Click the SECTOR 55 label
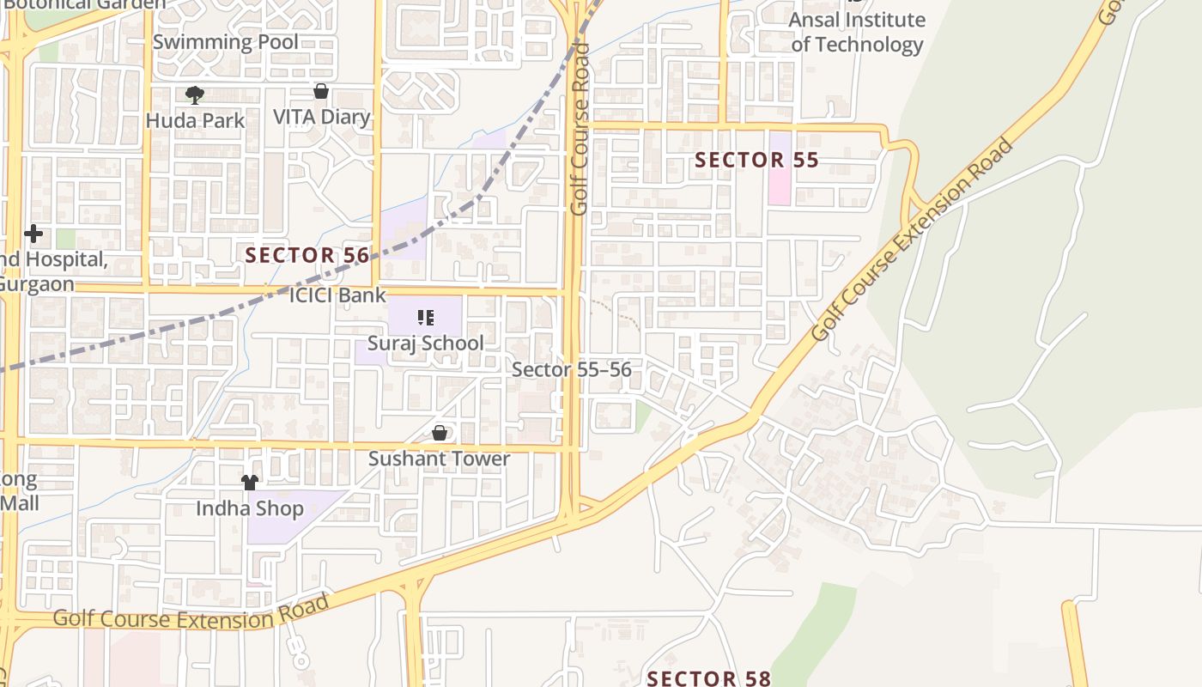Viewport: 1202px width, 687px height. [x=756, y=160]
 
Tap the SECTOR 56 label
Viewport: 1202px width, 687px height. [x=307, y=255]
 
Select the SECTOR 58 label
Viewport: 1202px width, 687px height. [x=709, y=678]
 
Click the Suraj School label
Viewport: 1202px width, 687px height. [x=426, y=343]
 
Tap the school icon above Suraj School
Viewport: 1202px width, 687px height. [x=425, y=318]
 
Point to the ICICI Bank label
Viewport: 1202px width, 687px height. [x=337, y=295]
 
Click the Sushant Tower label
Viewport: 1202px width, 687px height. [x=439, y=459]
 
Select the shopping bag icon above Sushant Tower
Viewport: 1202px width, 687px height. [x=440, y=433]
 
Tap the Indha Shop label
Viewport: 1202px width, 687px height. [x=250, y=508]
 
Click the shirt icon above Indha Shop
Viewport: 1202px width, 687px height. [x=250, y=483]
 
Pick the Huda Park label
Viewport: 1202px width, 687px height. [x=195, y=120]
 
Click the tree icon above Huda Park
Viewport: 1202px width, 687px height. [x=195, y=94]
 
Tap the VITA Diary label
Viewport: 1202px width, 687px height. [x=322, y=117]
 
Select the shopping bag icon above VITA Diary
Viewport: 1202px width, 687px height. [x=321, y=91]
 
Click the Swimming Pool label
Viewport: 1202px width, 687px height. [x=226, y=41]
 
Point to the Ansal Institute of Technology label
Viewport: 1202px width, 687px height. [x=857, y=32]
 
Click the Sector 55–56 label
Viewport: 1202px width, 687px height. [x=572, y=369]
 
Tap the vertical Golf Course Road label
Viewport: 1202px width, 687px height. [x=580, y=129]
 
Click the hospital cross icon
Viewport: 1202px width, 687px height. [x=33, y=234]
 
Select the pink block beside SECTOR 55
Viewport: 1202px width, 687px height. [x=780, y=168]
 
